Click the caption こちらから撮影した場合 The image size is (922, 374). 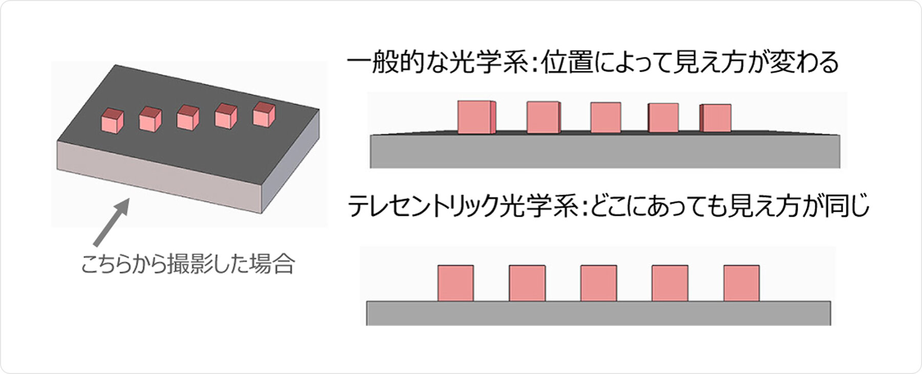pyautogui.click(x=187, y=264)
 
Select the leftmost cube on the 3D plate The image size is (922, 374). pyautogui.click(x=112, y=121)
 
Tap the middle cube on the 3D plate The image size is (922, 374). pyautogui.click(x=188, y=116)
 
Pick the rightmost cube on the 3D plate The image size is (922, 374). pyautogui.click(x=264, y=114)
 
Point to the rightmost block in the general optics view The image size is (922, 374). pyautogui.click(x=716, y=118)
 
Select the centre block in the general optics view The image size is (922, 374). pyautogui.click(x=605, y=117)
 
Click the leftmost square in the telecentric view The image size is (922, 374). pyautogui.click(x=455, y=283)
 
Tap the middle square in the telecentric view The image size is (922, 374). pyautogui.click(x=598, y=283)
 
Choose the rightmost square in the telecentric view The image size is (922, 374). pyautogui.click(x=741, y=283)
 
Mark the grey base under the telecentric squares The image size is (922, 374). pyautogui.click(x=598, y=313)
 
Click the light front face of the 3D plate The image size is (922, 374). pyautogui.click(x=159, y=174)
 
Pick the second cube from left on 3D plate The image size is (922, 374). pyautogui.click(x=150, y=119)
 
